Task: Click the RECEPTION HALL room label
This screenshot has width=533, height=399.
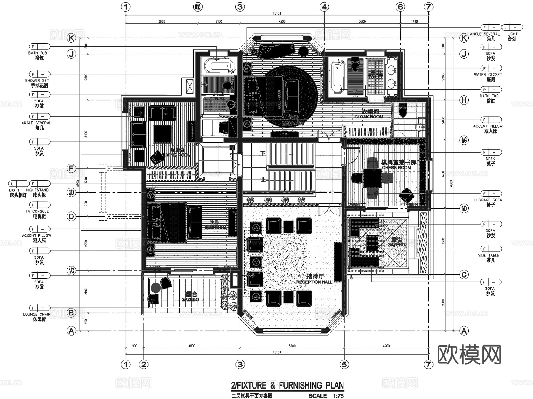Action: (x=314, y=282)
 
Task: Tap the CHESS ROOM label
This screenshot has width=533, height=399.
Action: (x=396, y=167)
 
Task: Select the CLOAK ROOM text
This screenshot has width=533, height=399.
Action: (x=369, y=117)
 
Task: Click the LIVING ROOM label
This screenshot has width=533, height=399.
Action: (x=177, y=155)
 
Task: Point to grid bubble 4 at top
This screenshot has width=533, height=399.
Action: (x=324, y=7)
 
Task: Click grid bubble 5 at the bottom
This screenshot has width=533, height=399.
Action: (x=344, y=364)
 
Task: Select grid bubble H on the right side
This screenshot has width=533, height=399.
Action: (x=464, y=100)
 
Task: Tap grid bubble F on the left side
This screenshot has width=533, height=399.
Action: (x=71, y=168)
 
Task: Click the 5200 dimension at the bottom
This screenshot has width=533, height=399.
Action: (x=292, y=346)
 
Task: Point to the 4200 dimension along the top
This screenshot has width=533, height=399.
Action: (x=282, y=21)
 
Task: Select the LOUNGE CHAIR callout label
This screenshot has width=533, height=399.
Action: (x=37, y=314)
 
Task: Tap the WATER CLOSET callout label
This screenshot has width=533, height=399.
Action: (x=488, y=75)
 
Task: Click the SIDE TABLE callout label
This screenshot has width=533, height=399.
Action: (x=489, y=255)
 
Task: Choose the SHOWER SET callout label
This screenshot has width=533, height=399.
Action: (x=37, y=81)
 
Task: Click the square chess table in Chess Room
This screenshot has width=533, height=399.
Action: (x=373, y=178)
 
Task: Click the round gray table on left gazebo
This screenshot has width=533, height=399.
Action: (x=156, y=288)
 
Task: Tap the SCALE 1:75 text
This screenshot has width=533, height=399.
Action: (x=326, y=396)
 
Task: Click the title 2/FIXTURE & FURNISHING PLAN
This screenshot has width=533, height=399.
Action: (x=287, y=385)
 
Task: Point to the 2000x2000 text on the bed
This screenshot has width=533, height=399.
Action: (x=279, y=100)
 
